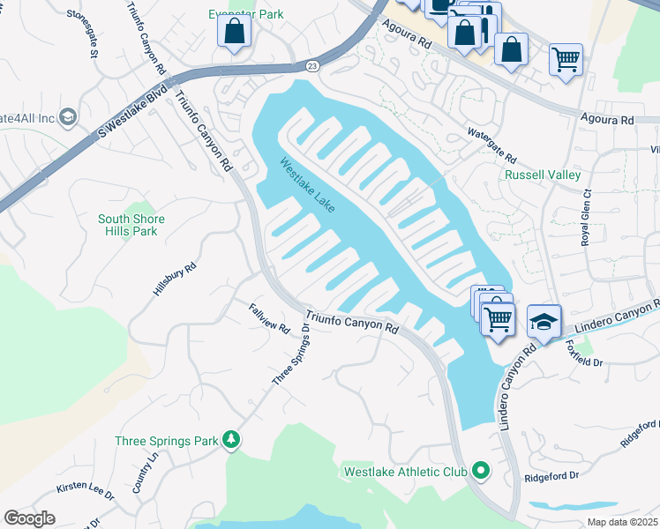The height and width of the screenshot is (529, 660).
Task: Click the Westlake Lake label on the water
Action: point(308,185)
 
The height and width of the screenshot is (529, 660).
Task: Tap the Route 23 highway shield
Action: point(313,66)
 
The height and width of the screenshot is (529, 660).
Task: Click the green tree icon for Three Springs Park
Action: point(231,439)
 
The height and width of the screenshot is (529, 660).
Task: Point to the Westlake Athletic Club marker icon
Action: point(481,471)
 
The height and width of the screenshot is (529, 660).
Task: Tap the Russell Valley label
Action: point(543,175)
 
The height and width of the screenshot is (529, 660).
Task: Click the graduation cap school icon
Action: point(544,321)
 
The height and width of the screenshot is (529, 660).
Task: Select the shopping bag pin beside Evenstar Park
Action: point(235,33)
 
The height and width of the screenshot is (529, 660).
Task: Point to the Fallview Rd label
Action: point(269,317)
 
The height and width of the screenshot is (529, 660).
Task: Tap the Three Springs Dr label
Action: point(291,354)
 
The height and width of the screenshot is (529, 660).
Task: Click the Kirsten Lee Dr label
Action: point(86,491)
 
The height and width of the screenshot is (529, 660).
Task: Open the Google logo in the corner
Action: point(29,518)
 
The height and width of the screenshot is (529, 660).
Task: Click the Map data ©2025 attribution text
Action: point(621,522)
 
